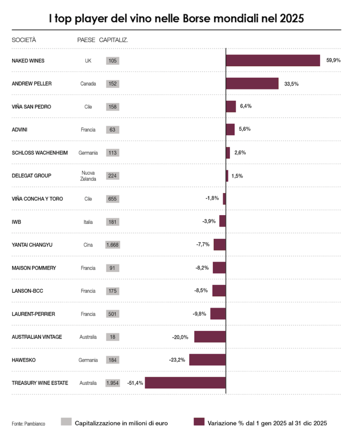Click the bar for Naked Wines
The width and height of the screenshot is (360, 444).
click(x=273, y=61)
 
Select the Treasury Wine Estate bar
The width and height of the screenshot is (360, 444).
click(x=185, y=383)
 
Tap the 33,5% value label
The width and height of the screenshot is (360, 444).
click(x=291, y=84)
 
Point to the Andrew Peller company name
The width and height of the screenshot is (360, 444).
click(x=32, y=84)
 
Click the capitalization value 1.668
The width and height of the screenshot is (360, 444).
click(x=113, y=245)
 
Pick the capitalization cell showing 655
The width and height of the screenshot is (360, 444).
click(x=113, y=199)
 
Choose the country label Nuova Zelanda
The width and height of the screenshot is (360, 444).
click(x=88, y=176)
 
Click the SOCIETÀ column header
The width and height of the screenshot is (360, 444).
click(x=24, y=40)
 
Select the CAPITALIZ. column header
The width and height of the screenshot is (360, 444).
click(x=114, y=40)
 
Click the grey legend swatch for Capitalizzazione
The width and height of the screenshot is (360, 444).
click(x=66, y=422)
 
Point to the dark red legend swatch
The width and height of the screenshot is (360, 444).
click(x=199, y=422)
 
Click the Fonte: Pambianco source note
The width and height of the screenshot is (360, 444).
click(x=28, y=423)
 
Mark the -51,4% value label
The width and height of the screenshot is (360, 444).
click(x=135, y=383)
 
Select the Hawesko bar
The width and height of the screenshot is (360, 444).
click(x=208, y=360)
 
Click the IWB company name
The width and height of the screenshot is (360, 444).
click(x=17, y=222)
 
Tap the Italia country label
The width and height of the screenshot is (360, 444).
click(x=88, y=222)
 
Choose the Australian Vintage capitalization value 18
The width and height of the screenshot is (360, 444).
click(x=113, y=337)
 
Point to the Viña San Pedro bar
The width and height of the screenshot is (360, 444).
click(x=231, y=107)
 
